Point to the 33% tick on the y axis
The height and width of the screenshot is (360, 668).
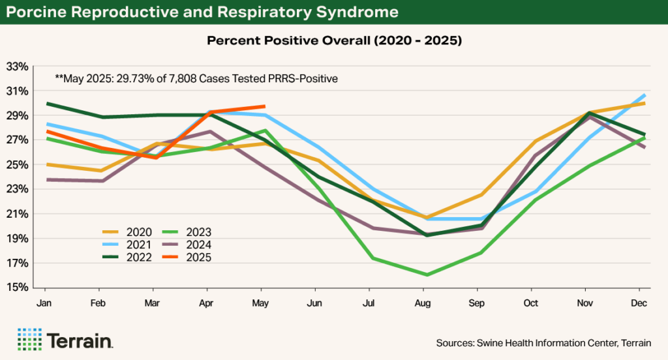point(18,67)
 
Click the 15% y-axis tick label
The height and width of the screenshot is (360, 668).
point(18,288)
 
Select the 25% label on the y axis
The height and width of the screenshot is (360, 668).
point(18,165)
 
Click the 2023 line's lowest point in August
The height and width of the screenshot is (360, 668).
point(423,275)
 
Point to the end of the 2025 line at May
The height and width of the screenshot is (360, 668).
point(262,106)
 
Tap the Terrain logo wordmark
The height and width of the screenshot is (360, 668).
point(80,340)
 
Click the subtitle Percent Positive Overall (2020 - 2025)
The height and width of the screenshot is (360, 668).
point(334,40)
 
